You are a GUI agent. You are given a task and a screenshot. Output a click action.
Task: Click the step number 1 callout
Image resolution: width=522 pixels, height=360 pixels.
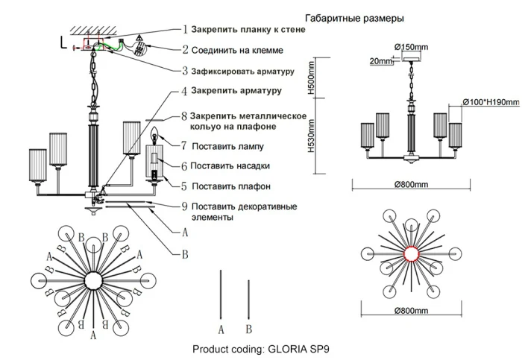[185, 31]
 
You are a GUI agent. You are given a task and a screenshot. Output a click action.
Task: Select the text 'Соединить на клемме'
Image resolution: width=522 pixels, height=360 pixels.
[236, 51]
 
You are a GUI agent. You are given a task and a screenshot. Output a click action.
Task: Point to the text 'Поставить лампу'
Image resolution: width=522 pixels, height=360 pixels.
[227, 146]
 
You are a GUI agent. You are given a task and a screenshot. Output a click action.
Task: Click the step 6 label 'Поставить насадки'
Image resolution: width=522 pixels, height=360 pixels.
[230, 165]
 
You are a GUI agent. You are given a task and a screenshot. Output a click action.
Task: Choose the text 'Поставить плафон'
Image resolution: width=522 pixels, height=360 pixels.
[230, 186]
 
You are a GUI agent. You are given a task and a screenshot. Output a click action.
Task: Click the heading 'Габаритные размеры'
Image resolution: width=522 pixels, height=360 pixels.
[355, 17]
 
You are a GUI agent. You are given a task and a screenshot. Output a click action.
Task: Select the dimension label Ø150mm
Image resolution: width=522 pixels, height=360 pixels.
[411, 48]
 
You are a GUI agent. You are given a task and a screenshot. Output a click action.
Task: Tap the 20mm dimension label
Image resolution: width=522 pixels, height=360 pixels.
[380, 62]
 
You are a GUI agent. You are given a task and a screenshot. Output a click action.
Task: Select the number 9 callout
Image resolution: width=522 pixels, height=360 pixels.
[185, 206]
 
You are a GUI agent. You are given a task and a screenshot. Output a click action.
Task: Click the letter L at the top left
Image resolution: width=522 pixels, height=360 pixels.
[63, 42]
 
